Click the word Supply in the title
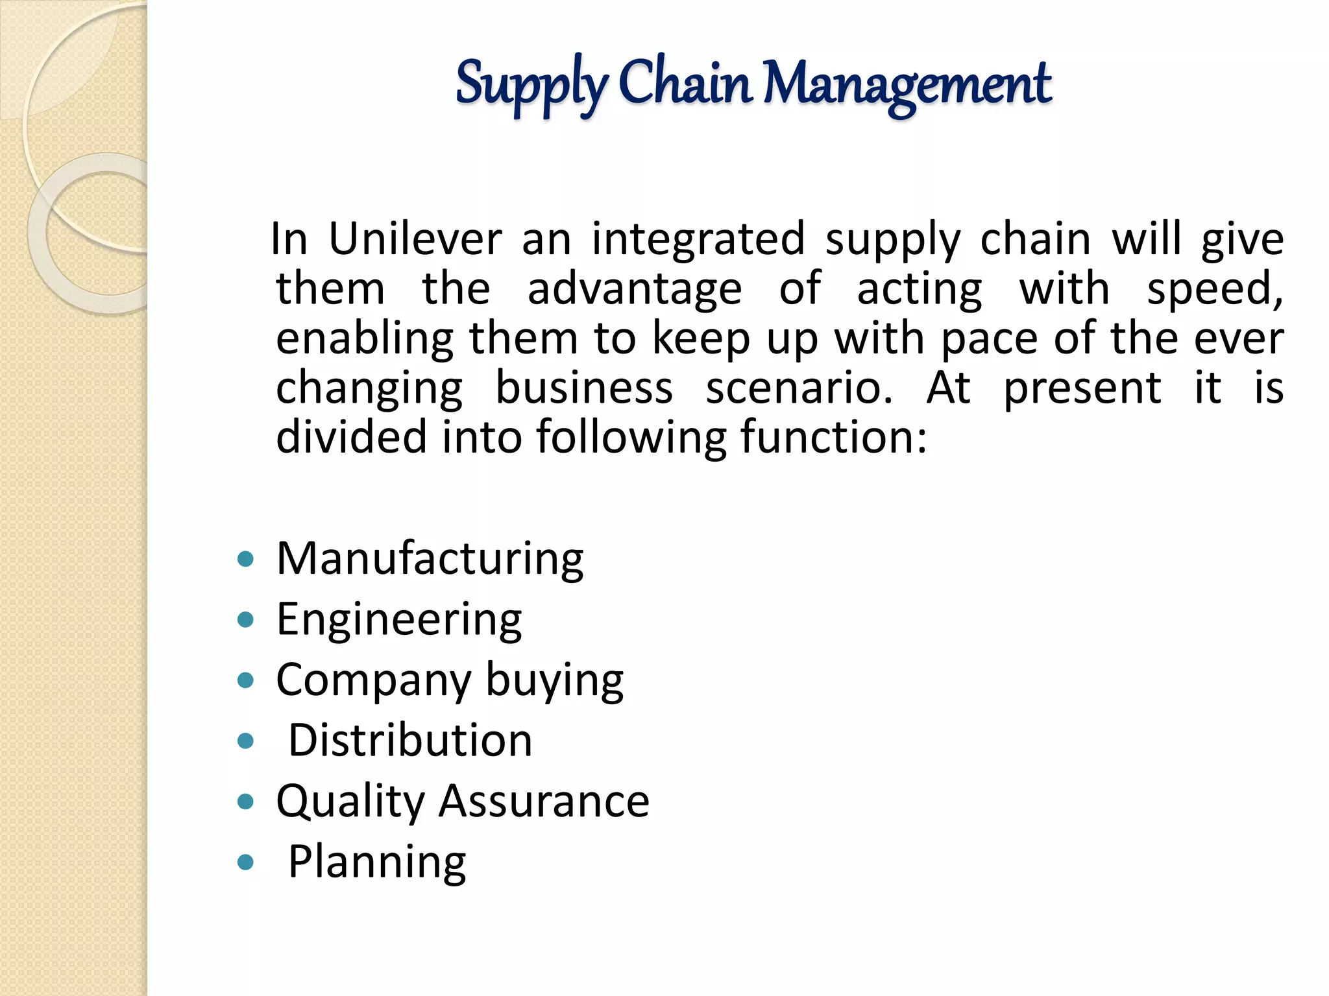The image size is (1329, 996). click(531, 84)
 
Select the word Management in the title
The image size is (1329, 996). click(907, 84)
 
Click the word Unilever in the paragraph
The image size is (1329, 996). click(415, 239)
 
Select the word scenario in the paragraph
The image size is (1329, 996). click(799, 388)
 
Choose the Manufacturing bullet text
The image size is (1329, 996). click(430, 559)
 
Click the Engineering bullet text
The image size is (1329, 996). click(398, 620)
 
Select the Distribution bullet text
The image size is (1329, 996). click(410, 741)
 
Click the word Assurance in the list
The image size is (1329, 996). click(544, 801)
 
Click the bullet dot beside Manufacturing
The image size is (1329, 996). click(245, 560)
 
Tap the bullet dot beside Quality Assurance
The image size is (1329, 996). click(245, 802)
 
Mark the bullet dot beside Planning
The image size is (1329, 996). click(245, 862)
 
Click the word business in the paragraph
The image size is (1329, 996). click(584, 388)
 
